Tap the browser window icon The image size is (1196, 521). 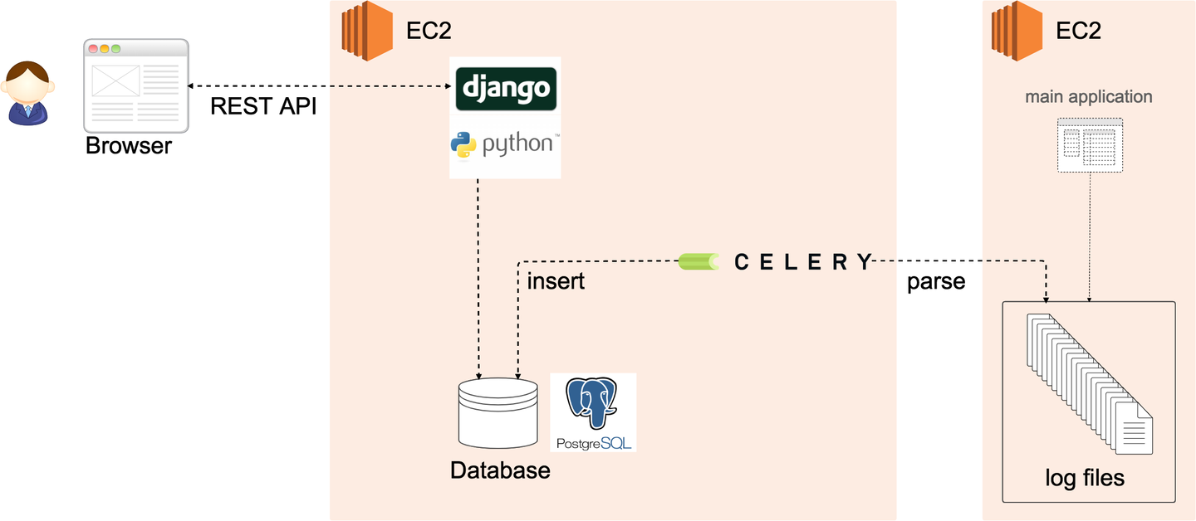pos(135,85)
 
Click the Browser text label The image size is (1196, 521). pos(129,147)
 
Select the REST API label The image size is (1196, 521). pos(263,107)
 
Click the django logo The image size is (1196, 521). pos(506,88)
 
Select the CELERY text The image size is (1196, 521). pos(803,262)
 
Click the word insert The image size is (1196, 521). pos(556,282)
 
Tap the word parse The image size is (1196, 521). pos(936,282)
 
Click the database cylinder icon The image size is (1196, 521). pos(498,411)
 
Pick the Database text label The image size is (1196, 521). pos(500,471)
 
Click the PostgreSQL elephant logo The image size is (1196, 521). pos(591,411)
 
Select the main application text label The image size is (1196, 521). pos(1088,97)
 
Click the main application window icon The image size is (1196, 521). pos(1090,144)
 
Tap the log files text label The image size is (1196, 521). pos(1085,479)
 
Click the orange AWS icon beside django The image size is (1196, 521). pos(366,32)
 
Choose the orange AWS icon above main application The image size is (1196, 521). pos(1017,32)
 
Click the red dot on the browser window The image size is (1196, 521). pos(93,49)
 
